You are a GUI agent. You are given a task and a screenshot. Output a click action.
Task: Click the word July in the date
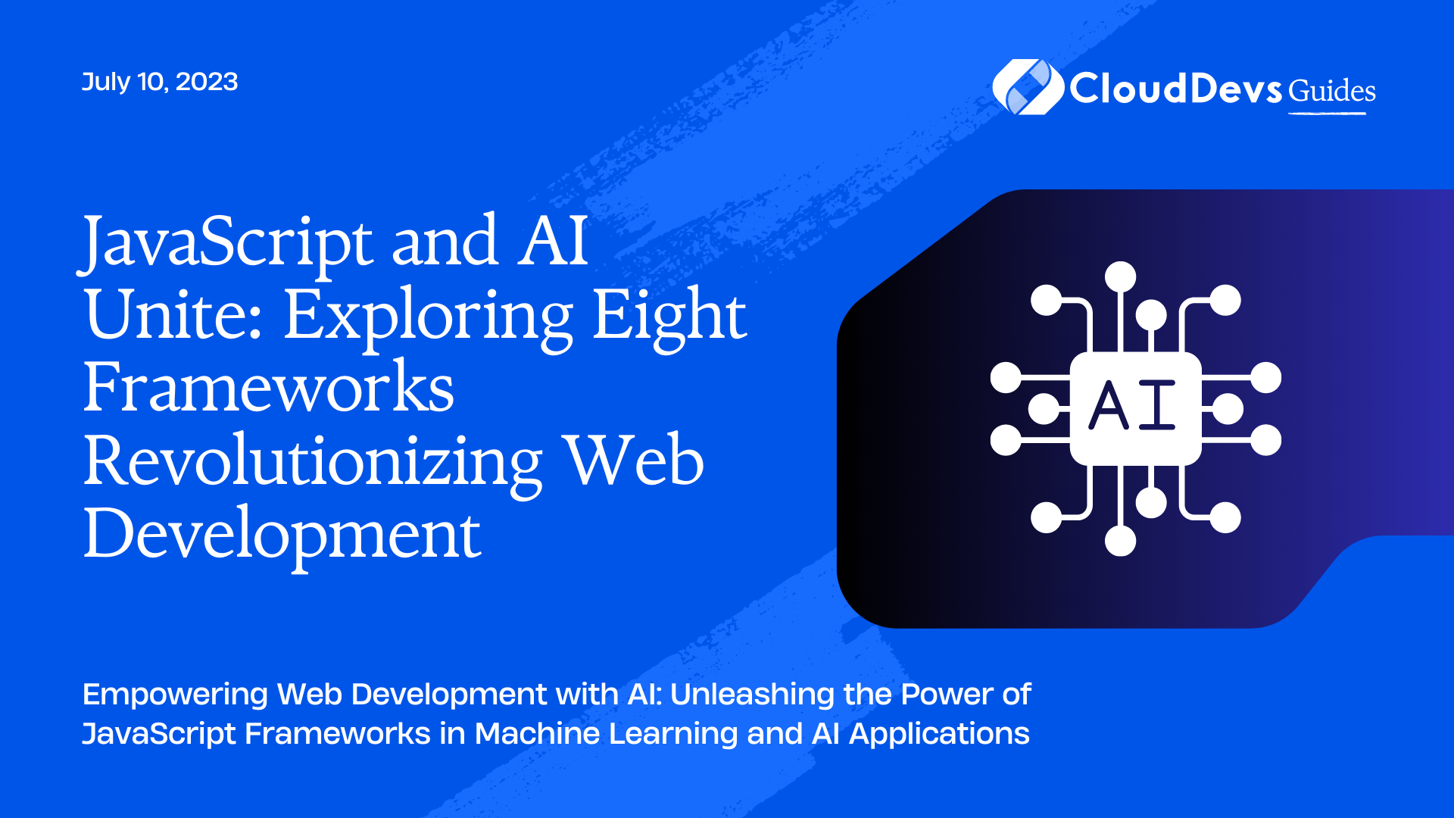106,82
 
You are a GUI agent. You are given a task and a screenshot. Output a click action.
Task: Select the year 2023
207,82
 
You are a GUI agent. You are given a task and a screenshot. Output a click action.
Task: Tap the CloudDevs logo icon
1028,87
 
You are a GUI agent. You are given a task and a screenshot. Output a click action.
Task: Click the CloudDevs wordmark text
1175,89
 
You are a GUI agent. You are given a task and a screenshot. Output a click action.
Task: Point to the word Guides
1332,90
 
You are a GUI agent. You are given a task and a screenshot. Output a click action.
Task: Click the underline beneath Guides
1328,114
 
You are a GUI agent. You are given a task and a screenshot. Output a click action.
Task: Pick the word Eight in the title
669,318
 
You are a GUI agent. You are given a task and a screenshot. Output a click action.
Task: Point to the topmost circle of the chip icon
1120,276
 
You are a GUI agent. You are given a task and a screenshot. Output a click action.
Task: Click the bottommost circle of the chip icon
1120,541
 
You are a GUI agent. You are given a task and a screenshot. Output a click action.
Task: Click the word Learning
673,735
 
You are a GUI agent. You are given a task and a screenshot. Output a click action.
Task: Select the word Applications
939,735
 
